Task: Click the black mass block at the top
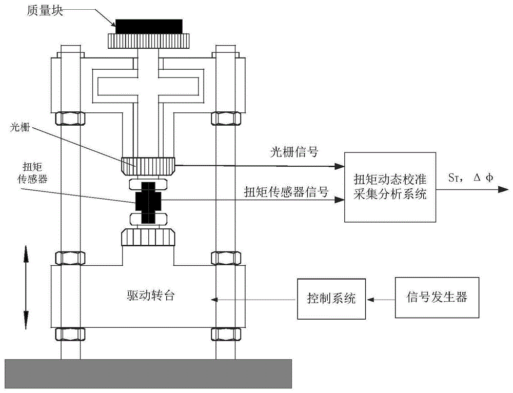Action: tap(148, 26)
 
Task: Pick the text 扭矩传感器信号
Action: tap(286, 190)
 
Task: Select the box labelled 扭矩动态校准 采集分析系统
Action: tap(390, 187)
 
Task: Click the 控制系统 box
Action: tap(331, 298)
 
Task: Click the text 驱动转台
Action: tap(148, 296)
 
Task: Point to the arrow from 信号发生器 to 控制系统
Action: tap(380, 299)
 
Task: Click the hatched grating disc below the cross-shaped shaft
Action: tap(148, 165)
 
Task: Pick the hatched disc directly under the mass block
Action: tap(148, 40)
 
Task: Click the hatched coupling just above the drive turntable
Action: tap(148, 238)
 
